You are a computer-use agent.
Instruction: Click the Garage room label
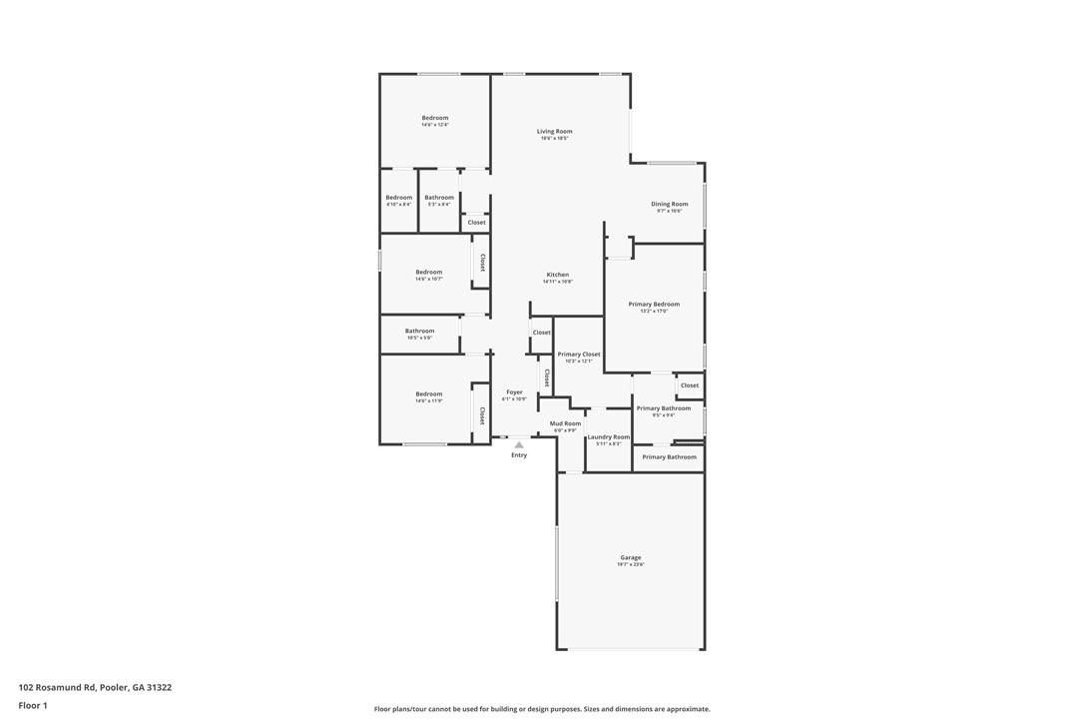[631, 557]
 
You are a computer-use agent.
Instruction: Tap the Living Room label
[554, 131]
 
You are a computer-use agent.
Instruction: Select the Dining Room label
[670, 204]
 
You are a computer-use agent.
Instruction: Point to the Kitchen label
[557, 275]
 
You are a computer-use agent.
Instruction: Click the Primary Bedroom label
[654, 304]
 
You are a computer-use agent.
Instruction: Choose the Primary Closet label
[579, 355]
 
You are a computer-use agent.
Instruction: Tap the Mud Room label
[565, 423]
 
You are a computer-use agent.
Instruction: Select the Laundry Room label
[609, 436]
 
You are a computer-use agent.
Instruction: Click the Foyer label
[514, 392]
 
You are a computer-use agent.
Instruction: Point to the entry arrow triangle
[519, 444]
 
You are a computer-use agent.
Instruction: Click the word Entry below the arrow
[519, 455]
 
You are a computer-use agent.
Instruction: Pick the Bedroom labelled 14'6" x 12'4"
[435, 118]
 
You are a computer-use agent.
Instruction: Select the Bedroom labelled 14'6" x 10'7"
[429, 272]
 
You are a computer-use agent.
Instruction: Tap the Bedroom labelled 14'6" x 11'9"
[429, 393]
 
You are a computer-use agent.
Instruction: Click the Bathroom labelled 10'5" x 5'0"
[419, 331]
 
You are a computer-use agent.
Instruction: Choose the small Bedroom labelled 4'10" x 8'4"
[398, 198]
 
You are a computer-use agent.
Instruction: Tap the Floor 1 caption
[33, 705]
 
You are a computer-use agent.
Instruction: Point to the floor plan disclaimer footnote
[542, 709]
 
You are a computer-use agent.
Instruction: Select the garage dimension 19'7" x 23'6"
[631, 565]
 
